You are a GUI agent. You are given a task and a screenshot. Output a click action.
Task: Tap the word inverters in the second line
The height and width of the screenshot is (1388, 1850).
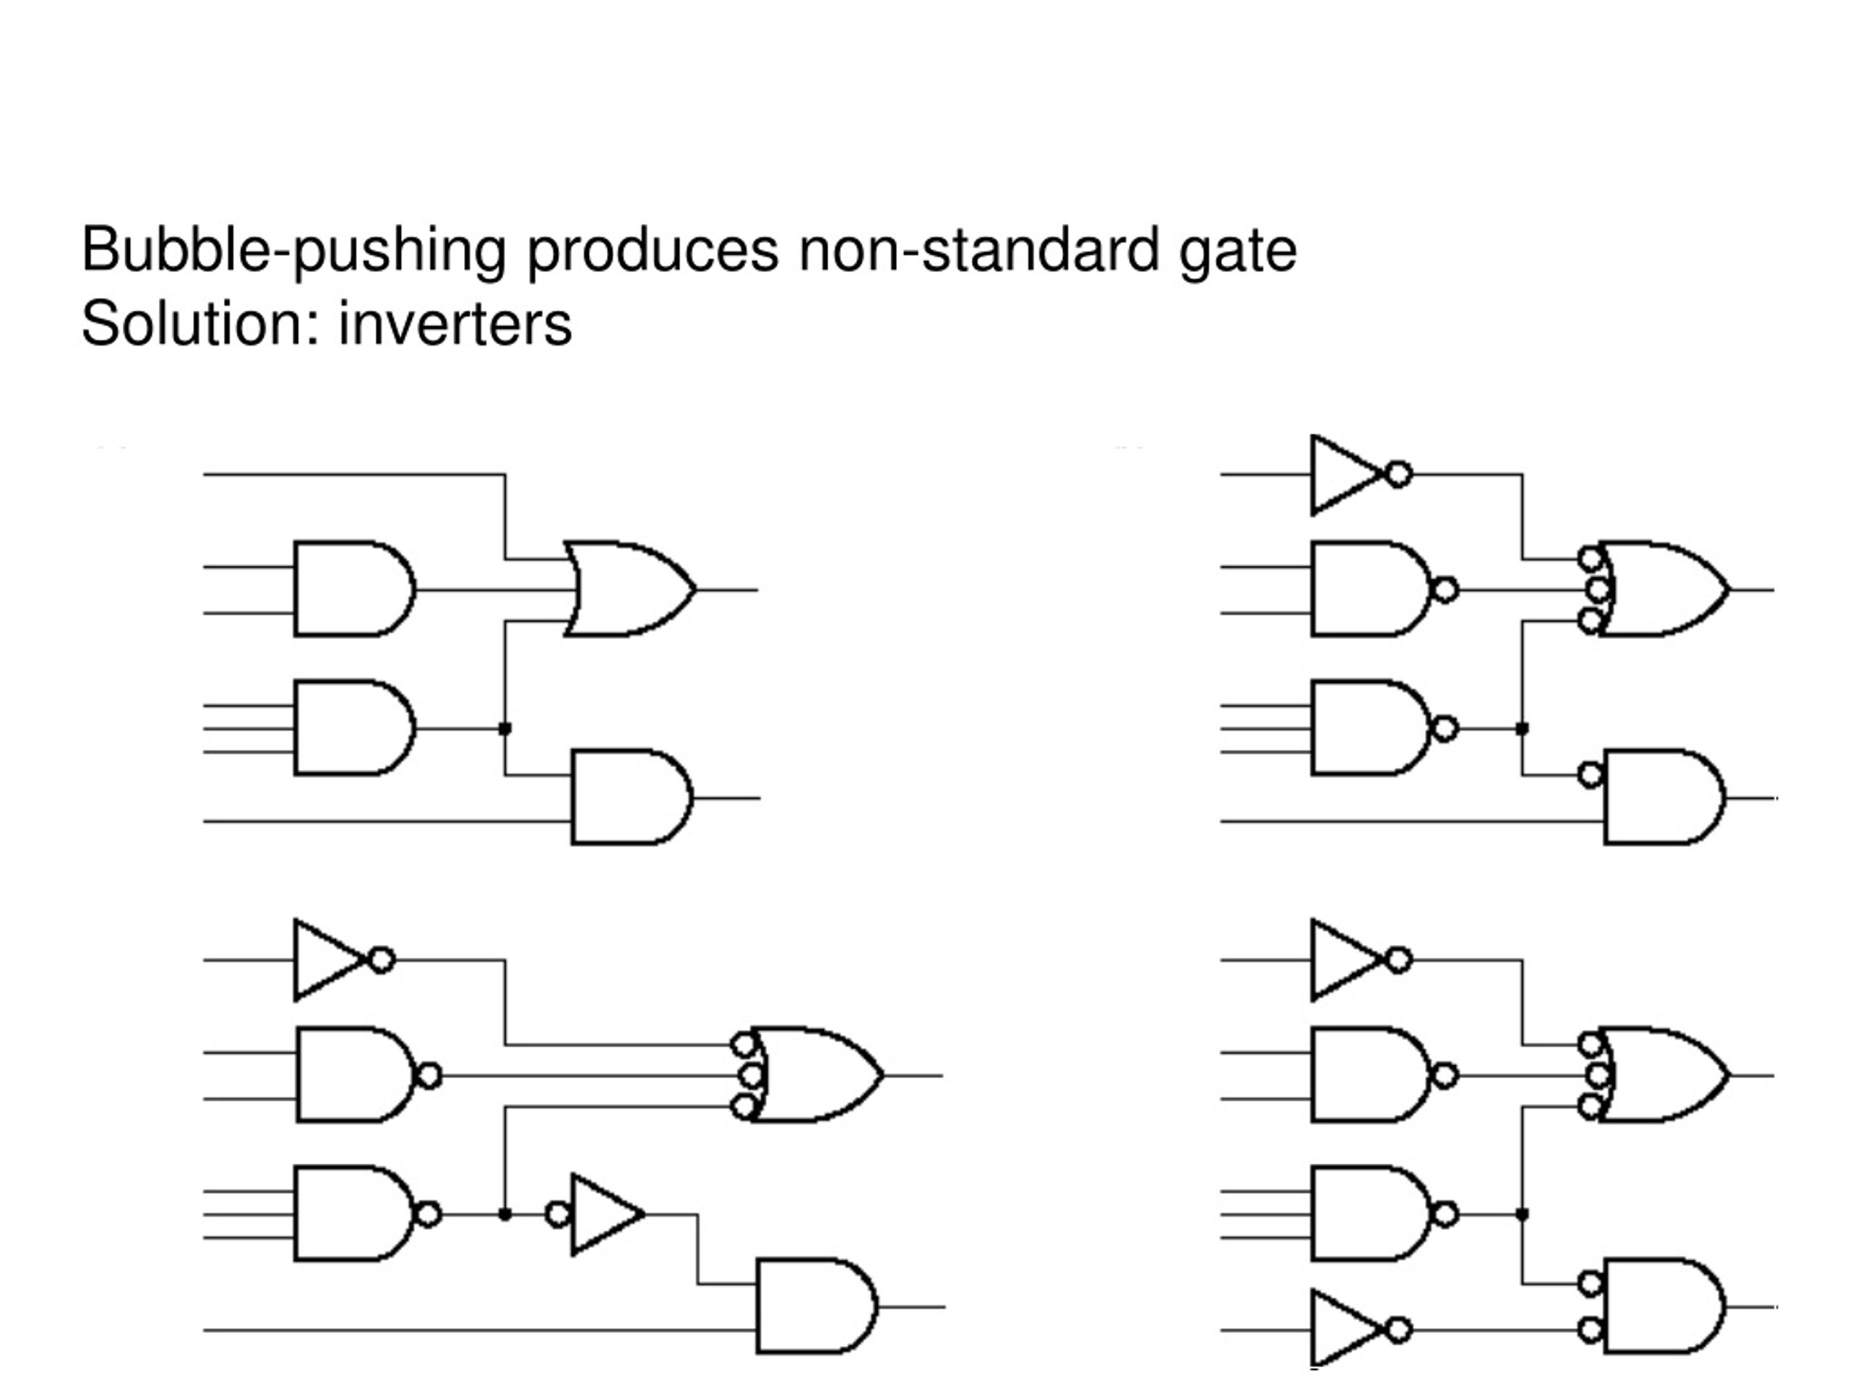click(x=455, y=324)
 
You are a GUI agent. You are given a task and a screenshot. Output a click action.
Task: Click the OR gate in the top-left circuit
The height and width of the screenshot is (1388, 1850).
click(x=629, y=589)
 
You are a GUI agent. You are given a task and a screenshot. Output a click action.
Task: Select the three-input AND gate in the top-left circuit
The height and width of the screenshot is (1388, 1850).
click(x=355, y=728)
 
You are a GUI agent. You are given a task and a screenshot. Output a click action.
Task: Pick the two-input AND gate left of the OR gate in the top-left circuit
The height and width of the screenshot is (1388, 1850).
click(x=355, y=589)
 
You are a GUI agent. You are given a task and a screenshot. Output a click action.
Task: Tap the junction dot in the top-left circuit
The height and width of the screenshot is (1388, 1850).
click(x=504, y=729)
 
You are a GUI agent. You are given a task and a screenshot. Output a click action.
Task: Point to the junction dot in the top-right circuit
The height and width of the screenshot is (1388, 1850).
click(x=1522, y=729)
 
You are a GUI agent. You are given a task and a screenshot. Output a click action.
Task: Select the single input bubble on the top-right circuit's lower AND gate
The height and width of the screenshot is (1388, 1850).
click(x=1591, y=775)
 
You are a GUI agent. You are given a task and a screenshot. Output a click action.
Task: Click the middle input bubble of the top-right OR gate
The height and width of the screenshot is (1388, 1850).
click(x=1599, y=590)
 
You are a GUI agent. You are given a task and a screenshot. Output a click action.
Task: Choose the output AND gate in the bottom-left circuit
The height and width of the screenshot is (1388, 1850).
click(x=817, y=1306)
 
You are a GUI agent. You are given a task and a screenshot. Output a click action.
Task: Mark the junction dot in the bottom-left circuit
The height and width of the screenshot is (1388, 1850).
click(x=504, y=1214)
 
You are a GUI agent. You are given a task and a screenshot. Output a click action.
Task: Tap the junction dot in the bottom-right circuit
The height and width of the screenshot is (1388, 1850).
click(x=1522, y=1214)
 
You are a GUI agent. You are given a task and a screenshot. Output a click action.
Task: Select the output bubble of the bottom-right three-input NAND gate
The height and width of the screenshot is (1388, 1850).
click(x=1445, y=1214)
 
